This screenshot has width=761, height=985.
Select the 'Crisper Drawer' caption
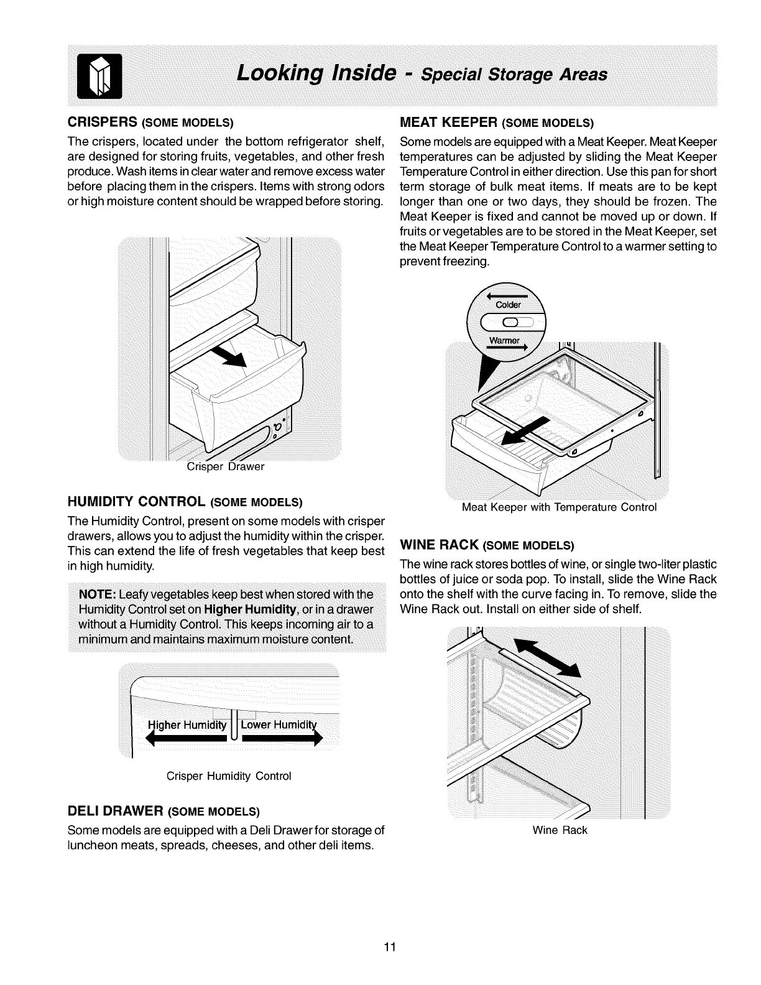point(226,466)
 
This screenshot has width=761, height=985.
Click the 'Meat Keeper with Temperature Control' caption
point(559,507)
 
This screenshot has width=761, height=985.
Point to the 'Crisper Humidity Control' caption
point(229,776)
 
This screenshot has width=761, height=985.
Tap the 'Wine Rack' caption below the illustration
point(560,830)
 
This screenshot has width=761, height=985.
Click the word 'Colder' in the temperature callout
point(509,305)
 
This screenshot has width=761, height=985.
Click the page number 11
point(390,948)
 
